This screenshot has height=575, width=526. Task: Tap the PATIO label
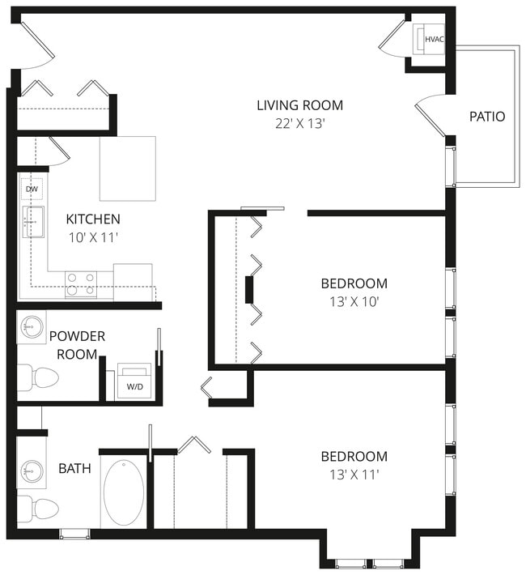[x=487, y=117]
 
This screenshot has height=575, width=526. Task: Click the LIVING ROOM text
[x=299, y=105]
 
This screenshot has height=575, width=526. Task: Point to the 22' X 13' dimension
[x=299, y=124]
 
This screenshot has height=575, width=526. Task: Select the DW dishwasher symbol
[x=32, y=189]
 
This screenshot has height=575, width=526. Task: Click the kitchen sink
[x=33, y=221]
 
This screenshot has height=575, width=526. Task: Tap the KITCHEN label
[x=93, y=219]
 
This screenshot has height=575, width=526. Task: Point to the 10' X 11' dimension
[x=93, y=238]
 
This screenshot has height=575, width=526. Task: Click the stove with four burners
[x=81, y=283]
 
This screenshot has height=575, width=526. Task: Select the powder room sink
[x=32, y=327]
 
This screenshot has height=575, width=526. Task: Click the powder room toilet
[x=38, y=377]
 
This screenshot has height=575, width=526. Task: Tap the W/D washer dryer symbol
[x=134, y=381]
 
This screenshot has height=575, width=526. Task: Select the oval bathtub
[x=124, y=492]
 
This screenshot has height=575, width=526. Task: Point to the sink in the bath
[x=32, y=470]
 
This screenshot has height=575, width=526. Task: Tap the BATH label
[x=74, y=468]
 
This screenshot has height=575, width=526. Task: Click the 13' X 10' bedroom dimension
[x=354, y=302]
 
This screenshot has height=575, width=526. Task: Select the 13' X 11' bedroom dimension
[x=354, y=475]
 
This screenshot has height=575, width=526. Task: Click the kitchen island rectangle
[x=127, y=168]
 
